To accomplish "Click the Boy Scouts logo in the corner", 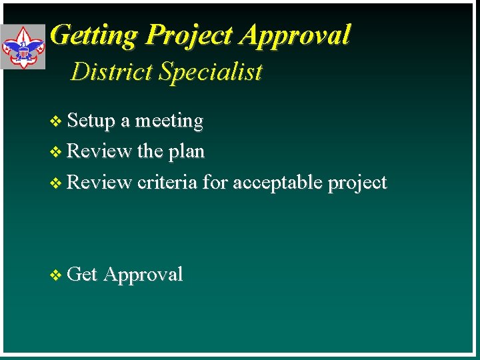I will click(x=23, y=47).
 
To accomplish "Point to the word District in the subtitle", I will click(x=111, y=71).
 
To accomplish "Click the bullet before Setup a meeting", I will click(x=55, y=121).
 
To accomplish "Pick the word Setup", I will click(x=91, y=121).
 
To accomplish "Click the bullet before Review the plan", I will click(x=55, y=152).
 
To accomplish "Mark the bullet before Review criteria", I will click(x=55, y=183).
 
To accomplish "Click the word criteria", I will click(x=167, y=182).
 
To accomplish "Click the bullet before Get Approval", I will click(x=55, y=275).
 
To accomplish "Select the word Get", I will click(x=83, y=274).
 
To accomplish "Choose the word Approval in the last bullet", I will click(x=143, y=275).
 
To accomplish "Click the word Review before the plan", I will click(x=100, y=151).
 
